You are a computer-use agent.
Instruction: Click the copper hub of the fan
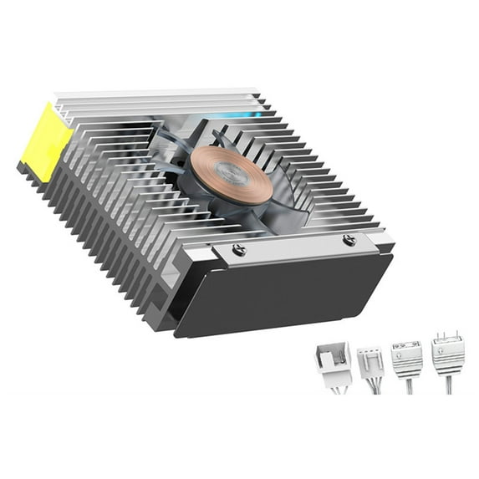223,171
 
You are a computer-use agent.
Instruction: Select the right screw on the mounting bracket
349,241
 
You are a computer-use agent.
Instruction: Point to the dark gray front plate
284,293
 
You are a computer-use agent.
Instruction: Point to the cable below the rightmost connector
450,385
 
